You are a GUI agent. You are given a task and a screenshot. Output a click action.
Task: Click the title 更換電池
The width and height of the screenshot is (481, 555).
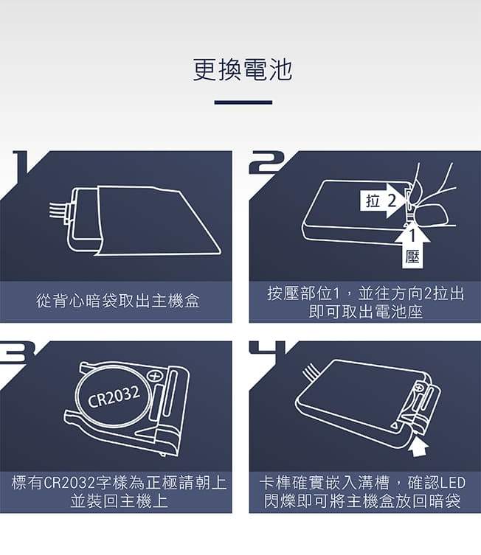point(243,69)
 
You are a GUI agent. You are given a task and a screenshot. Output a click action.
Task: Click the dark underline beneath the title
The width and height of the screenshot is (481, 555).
point(243,102)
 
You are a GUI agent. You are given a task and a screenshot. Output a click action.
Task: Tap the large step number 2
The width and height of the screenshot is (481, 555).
point(266,163)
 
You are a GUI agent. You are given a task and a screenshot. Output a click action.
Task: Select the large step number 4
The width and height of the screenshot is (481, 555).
point(267,348)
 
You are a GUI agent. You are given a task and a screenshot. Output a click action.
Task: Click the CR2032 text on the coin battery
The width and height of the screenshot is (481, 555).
point(114,396)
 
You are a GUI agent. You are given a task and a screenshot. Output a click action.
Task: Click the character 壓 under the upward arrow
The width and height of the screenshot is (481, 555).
point(412,257)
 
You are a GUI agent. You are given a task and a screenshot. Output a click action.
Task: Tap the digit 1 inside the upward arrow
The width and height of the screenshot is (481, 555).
point(412,237)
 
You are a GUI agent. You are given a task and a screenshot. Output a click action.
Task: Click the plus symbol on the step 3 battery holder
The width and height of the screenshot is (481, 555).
point(154,376)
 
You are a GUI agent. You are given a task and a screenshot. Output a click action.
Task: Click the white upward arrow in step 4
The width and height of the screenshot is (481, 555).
point(418,447)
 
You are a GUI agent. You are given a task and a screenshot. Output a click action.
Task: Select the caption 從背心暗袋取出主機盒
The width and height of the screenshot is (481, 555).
point(118,301)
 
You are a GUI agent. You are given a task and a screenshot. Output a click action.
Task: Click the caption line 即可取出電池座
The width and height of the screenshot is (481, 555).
point(365,313)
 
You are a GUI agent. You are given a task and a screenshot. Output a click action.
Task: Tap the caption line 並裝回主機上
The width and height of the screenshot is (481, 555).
point(119,501)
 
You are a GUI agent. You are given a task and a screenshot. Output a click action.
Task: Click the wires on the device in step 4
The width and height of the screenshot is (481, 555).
point(311,373)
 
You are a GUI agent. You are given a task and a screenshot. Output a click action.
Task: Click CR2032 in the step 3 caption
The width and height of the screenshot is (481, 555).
point(69,484)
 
